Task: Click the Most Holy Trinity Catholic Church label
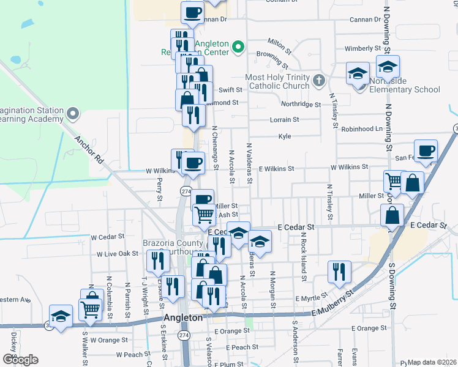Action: coord(277,83)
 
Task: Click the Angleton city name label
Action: coord(184,318)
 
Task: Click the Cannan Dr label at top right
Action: coord(365,20)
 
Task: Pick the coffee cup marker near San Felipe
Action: coord(426,150)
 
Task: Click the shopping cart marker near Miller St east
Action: coord(395,181)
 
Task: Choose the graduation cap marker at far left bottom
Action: coord(61,317)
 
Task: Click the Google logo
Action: coord(20,359)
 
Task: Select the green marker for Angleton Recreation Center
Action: coord(238,46)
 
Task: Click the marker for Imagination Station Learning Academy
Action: coord(73,114)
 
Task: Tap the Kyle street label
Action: coord(284,136)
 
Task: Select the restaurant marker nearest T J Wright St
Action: coord(159,261)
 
